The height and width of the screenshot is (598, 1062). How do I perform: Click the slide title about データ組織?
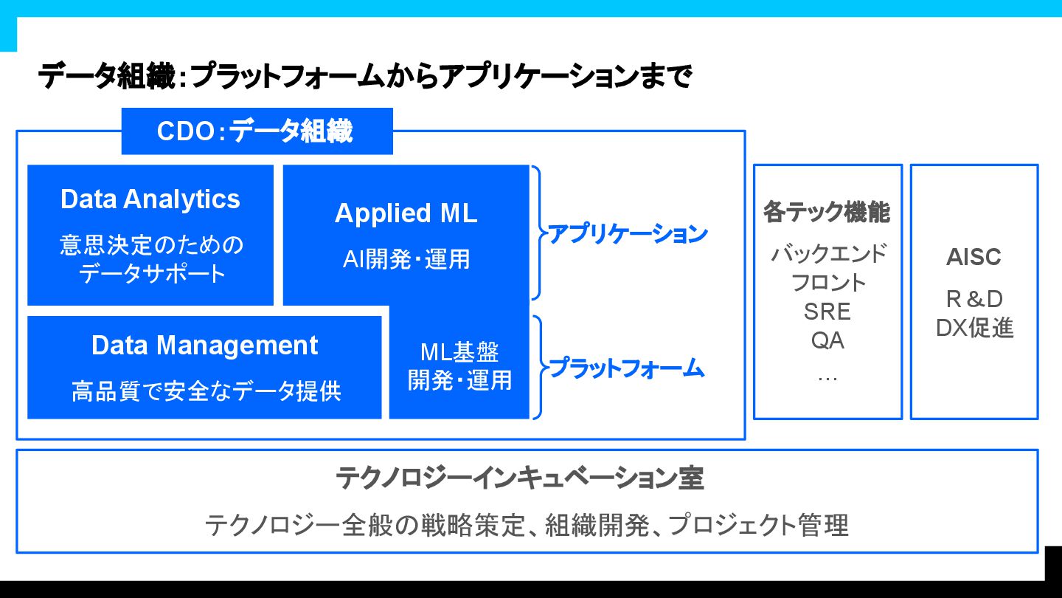[x=365, y=77]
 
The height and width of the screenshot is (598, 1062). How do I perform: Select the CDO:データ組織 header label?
[x=256, y=131]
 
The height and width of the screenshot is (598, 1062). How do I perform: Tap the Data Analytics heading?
[x=150, y=199]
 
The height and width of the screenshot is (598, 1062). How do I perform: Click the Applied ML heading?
[x=406, y=213]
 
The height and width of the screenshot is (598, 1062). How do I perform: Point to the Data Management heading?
[x=205, y=346]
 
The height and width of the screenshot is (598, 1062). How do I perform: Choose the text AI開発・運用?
[x=406, y=259]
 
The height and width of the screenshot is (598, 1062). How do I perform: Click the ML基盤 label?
[x=459, y=351]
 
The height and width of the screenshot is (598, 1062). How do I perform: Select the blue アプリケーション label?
[x=628, y=234]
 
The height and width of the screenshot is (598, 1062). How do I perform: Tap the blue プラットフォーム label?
[x=627, y=367]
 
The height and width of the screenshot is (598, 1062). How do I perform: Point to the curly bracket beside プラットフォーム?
[x=538, y=367]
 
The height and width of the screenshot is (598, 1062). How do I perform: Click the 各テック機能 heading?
[x=827, y=213]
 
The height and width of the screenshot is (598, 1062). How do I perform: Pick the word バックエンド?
[x=828, y=253]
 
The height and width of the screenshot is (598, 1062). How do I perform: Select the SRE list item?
[x=827, y=312]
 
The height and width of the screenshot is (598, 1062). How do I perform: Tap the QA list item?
[x=827, y=340]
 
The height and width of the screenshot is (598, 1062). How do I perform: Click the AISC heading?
[x=974, y=257]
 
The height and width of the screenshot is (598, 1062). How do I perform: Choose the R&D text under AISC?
[x=974, y=299]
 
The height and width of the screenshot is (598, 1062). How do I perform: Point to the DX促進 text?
[x=974, y=328]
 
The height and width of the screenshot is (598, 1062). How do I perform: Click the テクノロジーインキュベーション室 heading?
[x=520, y=478]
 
